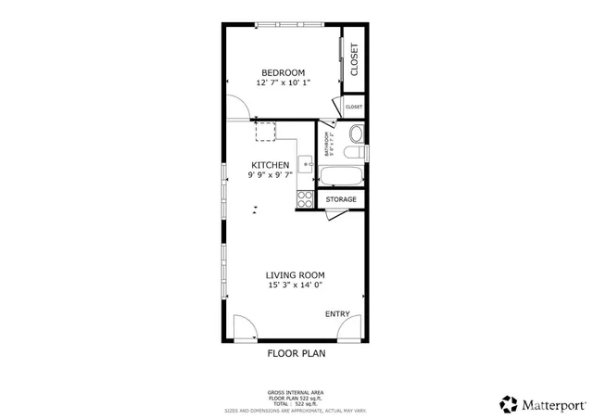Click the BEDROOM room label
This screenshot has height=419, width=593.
tap(283, 72)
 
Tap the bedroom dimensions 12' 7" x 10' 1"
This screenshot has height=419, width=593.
tap(283, 83)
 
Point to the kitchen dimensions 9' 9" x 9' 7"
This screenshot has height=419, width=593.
tap(270, 174)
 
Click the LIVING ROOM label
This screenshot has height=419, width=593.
tap(295, 275)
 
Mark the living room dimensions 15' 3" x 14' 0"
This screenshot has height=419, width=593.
tap(295, 286)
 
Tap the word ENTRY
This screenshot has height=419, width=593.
tap(337, 314)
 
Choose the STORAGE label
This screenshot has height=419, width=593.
tap(340, 199)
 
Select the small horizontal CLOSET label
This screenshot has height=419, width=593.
tap(354, 108)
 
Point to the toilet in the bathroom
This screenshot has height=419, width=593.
tap(353, 151)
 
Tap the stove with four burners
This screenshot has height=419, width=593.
tap(304, 197)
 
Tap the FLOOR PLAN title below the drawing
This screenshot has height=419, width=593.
tap(296, 353)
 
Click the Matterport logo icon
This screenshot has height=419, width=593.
tap(508, 403)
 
